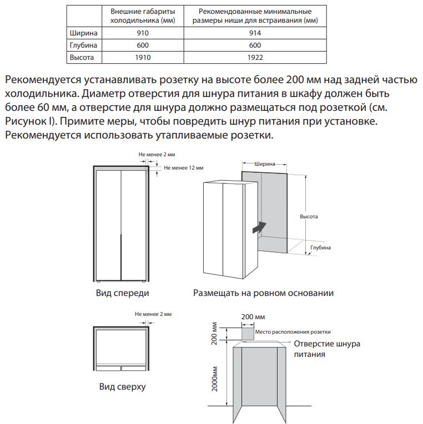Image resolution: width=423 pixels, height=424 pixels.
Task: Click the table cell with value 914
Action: pos(255,33)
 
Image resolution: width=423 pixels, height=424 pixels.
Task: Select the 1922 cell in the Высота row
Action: pos(255,57)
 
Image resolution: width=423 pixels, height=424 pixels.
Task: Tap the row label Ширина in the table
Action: pos(82,33)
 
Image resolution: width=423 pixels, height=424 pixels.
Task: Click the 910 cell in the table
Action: pos(143,33)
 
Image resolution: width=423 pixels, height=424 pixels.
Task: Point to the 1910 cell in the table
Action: pos(143,57)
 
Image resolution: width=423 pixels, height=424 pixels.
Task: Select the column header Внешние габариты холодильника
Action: pos(143,16)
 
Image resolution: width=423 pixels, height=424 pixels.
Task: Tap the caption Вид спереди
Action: pos(123,293)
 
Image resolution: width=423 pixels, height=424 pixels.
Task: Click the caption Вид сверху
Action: pos(122,386)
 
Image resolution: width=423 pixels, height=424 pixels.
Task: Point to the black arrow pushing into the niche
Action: pos(258,227)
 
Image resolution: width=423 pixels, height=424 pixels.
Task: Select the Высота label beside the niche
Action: pos(308,217)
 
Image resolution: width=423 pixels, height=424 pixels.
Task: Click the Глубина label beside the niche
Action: pos(320,248)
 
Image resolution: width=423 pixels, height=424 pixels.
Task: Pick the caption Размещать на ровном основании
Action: pos(263,293)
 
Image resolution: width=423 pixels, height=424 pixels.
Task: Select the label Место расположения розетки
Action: pos(293,331)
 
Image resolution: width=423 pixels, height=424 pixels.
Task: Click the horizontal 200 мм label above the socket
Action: pos(253,317)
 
